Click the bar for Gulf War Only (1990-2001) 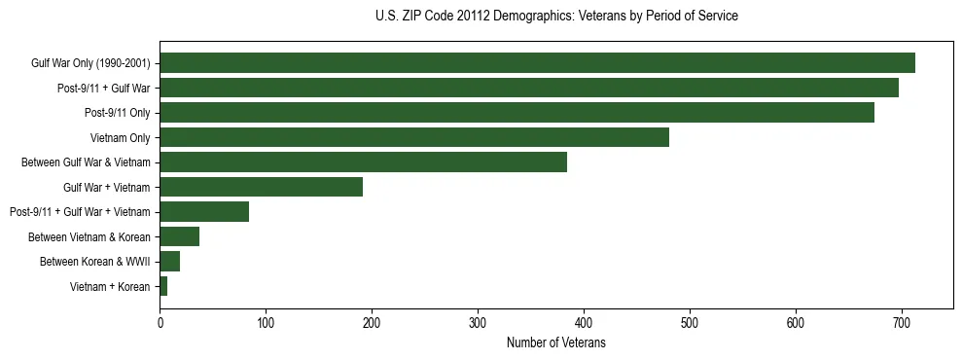(537, 63)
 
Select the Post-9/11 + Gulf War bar (529, 88)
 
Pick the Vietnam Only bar (414, 137)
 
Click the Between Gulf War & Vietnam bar (363, 162)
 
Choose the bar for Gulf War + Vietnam (261, 187)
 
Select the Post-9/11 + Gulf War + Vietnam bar (204, 212)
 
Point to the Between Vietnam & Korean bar (180, 236)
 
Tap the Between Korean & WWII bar (170, 262)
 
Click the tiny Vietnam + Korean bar (163, 286)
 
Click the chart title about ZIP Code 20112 (555, 17)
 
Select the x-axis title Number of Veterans (555, 342)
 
